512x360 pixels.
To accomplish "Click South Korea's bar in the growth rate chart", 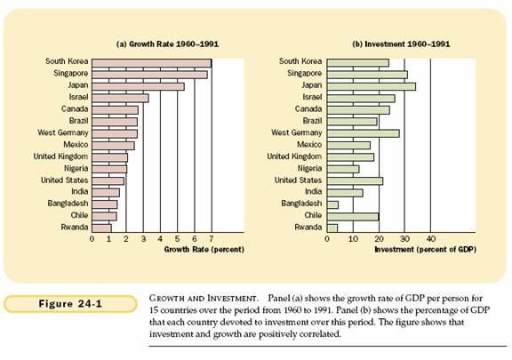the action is click(152, 63).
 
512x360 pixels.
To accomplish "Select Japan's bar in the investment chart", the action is click(372, 86).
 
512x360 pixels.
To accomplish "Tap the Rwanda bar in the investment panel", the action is click(332, 228).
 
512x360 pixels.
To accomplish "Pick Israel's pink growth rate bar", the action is click(120, 99).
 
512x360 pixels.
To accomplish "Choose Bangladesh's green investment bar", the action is click(332, 204).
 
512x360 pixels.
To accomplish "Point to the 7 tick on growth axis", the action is click(212, 239).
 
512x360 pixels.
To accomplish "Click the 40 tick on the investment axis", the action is click(431, 239).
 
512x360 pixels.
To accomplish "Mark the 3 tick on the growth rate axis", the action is click(143, 239).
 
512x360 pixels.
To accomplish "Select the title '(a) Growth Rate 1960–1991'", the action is click(167, 44).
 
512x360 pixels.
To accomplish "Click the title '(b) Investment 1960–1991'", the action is click(401, 44).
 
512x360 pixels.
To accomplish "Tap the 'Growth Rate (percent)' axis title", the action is click(204, 250).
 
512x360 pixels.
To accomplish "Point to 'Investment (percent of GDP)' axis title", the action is click(425, 250).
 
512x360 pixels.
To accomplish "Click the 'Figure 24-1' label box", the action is click(70, 304).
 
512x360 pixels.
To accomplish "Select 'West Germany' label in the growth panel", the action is click(63, 132).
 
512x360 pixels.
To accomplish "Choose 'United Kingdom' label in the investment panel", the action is click(294, 156).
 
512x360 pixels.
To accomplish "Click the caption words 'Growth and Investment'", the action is click(203, 299).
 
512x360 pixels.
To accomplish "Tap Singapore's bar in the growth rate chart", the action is click(149, 75).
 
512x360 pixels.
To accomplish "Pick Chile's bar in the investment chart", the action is click(353, 217).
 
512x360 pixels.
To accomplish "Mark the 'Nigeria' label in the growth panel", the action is click(76, 169).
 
